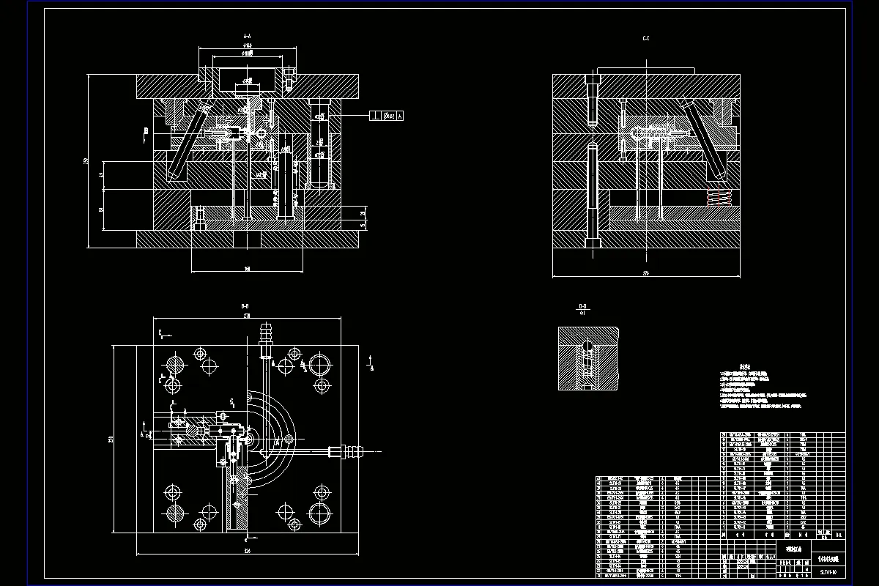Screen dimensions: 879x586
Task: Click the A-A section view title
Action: pos(247,35)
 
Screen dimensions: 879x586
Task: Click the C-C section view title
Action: pos(646,37)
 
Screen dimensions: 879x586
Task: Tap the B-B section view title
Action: pos(245,305)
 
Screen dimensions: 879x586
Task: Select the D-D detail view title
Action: pos(583,306)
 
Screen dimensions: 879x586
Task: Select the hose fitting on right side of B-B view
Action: pos(347,451)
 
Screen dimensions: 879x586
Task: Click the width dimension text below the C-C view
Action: pos(646,273)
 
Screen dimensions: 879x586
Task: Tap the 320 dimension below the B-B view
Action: pos(247,550)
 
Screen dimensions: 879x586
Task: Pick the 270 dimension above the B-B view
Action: pos(247,315)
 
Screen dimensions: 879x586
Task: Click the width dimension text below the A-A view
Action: pos(247,269)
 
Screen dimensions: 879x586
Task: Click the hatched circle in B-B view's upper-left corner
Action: pos(174,363)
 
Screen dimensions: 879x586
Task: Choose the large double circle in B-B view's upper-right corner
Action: pos(319,363)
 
